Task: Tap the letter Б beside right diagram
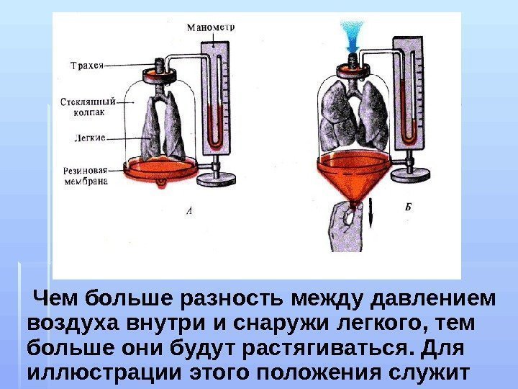(407, 207)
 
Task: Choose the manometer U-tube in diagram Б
(409, 108)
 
